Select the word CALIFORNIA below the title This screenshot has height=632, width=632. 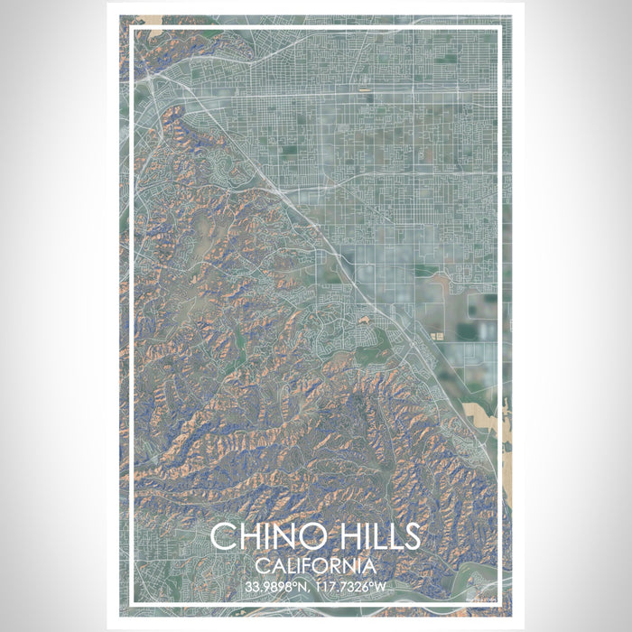click(316, 567)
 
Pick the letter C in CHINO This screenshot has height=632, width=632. click(224, 536)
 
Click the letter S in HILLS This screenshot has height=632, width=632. click(410, 536)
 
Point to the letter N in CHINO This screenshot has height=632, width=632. click(283, 536)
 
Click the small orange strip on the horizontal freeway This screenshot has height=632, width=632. click(364, 91)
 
